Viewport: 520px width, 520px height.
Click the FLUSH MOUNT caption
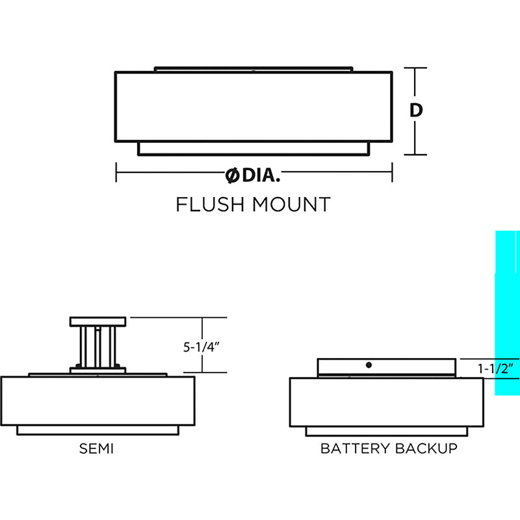click(x=253, y=204)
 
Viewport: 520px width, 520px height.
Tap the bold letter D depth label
click(x=417, y=110)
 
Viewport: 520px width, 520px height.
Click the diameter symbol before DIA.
click(x=231, y=174)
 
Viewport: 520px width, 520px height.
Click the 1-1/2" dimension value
click(x=497, y=368)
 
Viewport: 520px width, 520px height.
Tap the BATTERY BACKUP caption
click(x=389, y=448)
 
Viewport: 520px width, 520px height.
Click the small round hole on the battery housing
click(x=369, y=366)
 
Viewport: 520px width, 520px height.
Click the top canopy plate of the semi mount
click(x=97, y=321)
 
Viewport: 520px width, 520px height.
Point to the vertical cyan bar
click(x=507, y=312)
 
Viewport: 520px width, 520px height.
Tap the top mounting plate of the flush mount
click(x=253, y=68)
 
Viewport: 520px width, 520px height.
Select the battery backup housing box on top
click(x=387, y=367)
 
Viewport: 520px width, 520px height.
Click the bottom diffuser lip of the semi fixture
click(x=97, y=430)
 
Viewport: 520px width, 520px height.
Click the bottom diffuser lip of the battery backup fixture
click(x=387, y=431)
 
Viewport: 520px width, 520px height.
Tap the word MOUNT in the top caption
click(x=291, y=204)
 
